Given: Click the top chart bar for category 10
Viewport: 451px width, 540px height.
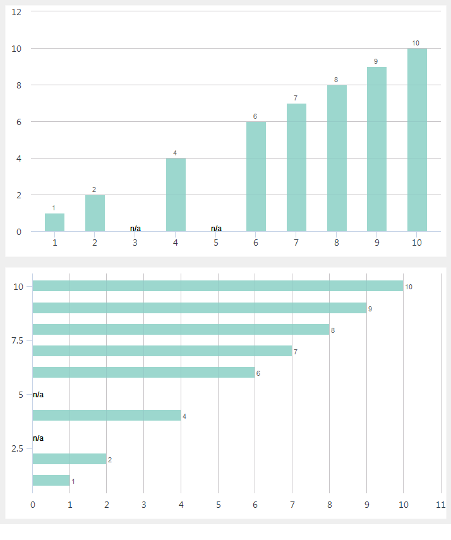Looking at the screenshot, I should pyautogui.click(x=417, y=140).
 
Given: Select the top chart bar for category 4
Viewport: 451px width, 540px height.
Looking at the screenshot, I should pyautogui.click(x=176, y=195).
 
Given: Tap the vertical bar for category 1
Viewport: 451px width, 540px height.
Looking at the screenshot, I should pyautogui.click(x=54, y=222).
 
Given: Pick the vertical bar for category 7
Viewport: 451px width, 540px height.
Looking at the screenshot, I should pyautogui.click(x=296, y=167).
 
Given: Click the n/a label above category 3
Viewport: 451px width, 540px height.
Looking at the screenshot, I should pyautogui.click(x=135, y=228).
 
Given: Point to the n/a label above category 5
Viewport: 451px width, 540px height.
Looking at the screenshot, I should pyautogui.click(x=216, y=228).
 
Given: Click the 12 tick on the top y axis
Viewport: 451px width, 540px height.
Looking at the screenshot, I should pyautogui.click(x=17, y=12).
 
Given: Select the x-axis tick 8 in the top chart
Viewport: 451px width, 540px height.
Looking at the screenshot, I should pyautogui.click(x=337, y=243).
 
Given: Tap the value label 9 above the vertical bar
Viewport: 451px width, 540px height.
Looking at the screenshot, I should pyautogui.click(x=376, y=61).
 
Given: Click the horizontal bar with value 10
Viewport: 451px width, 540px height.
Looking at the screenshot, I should pyautogui.click(x=217, y=286).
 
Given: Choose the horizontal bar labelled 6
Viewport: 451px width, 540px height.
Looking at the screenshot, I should pyautogui.click(x=143, y=373).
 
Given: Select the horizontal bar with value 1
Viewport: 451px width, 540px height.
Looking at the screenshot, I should pyautogui.click(x=51, y=481).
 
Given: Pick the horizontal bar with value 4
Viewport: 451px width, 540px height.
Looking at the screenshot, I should pyautogui.click(x=106, y=416).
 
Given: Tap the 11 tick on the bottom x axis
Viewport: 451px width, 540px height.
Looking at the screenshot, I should pyautogui.click(x=440, y=505).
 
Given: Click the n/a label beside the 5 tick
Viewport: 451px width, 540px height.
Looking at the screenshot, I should pyautogui.click(x=39, y=395).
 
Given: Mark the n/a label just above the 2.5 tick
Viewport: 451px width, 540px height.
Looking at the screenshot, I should pyautogui.click(x=39, y=438).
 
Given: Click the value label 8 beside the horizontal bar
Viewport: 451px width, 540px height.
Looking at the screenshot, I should pyautogui.click(x=333, y=330).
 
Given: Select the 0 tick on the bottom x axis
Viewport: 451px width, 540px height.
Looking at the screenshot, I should pyautogui.click(x=33, y=505).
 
